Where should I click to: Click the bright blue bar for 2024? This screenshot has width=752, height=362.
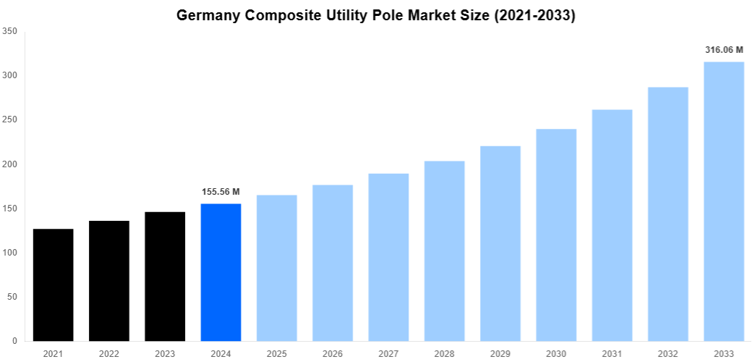click(x=221, y=272)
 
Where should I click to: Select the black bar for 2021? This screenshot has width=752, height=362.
click(x=53, y=285)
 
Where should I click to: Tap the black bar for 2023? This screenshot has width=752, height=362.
click(x=165, y=276)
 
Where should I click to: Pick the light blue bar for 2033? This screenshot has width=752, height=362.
click(x=724, y=201)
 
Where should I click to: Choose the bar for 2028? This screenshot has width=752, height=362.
click(x=444, y=251)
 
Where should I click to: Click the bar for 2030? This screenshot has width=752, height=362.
click(x=556, y=235)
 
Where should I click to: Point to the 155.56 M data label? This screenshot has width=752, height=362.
click(x=221, y=192)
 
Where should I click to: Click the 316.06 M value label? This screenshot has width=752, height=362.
click(x=724, y=50)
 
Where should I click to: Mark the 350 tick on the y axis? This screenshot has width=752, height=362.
click(x=10, y=31)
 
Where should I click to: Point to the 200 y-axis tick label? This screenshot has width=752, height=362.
click(x=10, y=164)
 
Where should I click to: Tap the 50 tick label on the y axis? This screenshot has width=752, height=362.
click(x=12, y=297)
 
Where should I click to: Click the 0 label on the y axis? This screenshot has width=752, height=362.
click(x=15, y=341)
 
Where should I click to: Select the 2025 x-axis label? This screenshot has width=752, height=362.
click(x=276, y=353)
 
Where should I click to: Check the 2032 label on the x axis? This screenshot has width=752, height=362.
click(x=667, y=353)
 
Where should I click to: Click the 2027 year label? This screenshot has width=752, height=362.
click(x=388, y=353)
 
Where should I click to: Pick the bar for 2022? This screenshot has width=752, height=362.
click(x=109, y=281)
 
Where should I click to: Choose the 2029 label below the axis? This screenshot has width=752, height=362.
click(x=500, y=353)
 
